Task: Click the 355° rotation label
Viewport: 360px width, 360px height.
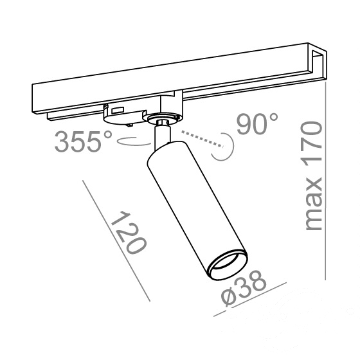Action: point(84,141)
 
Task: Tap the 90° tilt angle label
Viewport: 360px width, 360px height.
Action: point(257,123)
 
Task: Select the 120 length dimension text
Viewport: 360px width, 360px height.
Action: point(128,233)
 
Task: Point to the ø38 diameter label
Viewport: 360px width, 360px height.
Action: point(244,288)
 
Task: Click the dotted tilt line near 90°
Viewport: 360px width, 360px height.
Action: point(203,139)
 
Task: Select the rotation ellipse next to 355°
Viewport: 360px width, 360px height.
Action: point(133,141)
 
